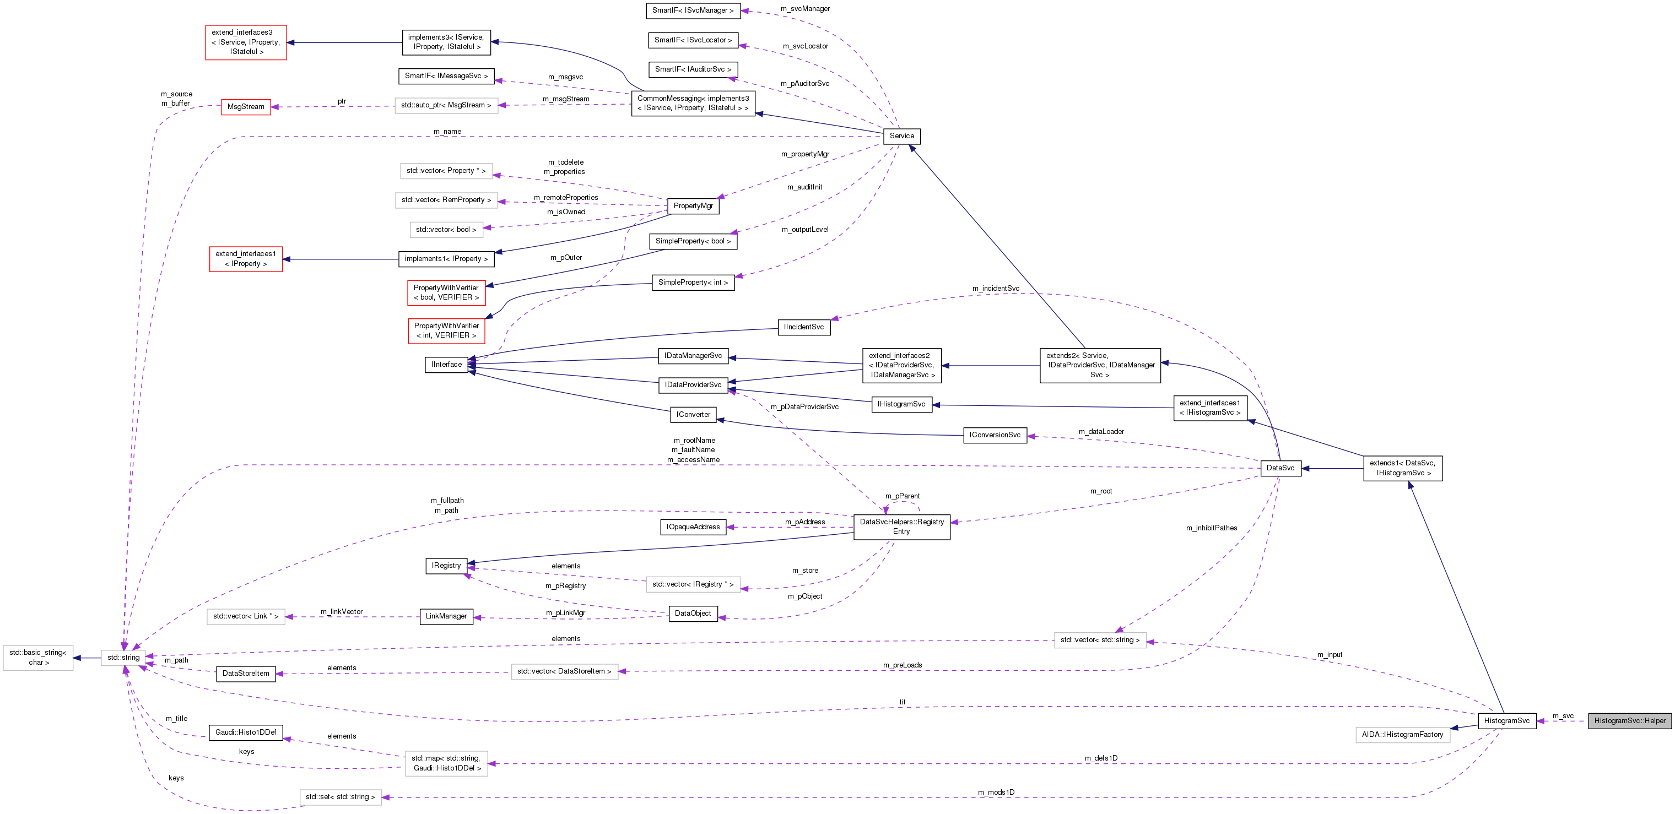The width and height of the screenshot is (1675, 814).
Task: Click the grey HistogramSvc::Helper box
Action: (x=1629, y=720)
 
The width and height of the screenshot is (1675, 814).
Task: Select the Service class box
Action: (x=901, y=136)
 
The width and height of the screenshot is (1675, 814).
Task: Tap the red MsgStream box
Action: (x=246, y=107)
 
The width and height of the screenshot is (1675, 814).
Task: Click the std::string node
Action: (x=123, y=657)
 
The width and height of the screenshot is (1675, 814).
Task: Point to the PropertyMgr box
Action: (x=693, y=206)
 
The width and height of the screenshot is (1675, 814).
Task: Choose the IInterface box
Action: (x=446, y=365)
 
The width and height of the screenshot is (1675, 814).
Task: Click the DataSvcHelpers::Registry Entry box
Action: (x=901, y=527)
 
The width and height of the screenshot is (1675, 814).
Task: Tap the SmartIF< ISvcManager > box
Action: (x=693, y=10)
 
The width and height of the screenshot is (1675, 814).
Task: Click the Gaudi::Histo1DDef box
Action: (x=245, y=732)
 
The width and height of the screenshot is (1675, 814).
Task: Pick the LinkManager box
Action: (x=446, y=616)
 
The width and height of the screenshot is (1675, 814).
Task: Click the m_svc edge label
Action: (x=1563, y=716)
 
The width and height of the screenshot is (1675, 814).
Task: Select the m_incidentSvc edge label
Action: (x=995, y=288)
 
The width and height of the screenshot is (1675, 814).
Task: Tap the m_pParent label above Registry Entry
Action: (x=902, y=496)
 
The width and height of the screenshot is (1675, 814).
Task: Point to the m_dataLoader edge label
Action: (x=1101, y=432)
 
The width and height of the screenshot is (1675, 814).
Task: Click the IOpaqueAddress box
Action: (x=693, y=527)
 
